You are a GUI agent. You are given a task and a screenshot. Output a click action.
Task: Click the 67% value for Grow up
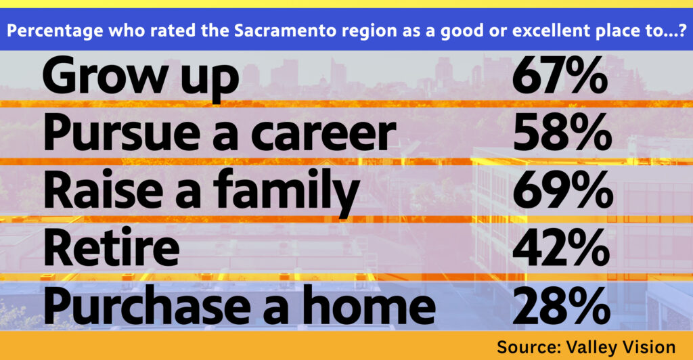[560, 75]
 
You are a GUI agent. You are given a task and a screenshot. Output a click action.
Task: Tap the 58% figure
[562, 133]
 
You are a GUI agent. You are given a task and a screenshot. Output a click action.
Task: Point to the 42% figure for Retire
[561, 248]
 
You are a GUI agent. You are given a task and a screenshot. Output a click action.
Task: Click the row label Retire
[112, 248]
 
